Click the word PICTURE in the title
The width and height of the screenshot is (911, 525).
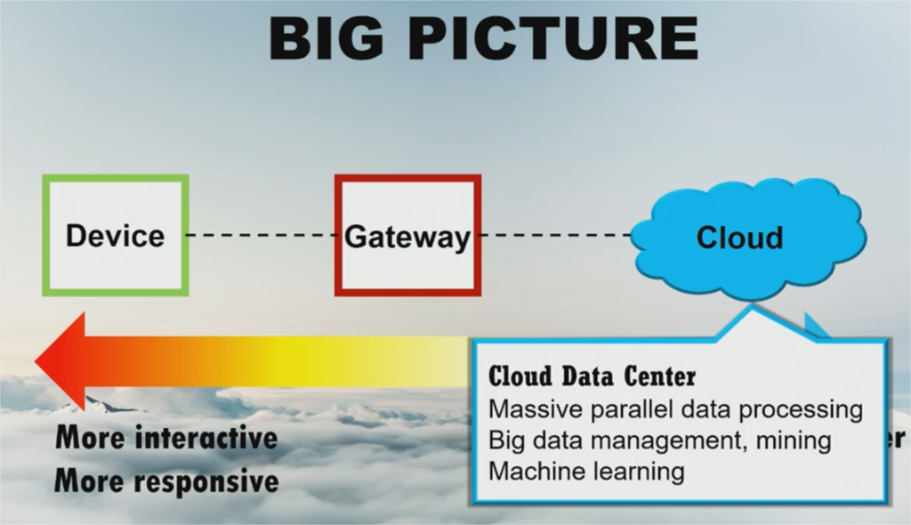pyautogui.click(x=552, y=38)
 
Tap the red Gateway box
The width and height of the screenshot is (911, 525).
pyautogui.click(x=407, y=271)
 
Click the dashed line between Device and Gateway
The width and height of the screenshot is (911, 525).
pyautogui.click(x=262, y=236)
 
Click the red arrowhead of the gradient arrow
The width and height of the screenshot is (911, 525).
pyautogui.click(x=62, y=361)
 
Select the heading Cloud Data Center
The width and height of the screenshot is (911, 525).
pyautogui.click(x=592, y=376)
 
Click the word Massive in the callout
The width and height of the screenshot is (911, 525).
pyautogui.click(x=530, y=410)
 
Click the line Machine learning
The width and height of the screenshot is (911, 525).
pyautogui.click(x=586, y=471)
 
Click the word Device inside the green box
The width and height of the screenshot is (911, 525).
pyautogui.click(x=116, y=237)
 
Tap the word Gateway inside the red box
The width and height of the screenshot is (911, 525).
pyautogui.click(x=407, y=238)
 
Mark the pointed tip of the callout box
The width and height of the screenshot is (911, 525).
pyautogui.click(x=752, y=308)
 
